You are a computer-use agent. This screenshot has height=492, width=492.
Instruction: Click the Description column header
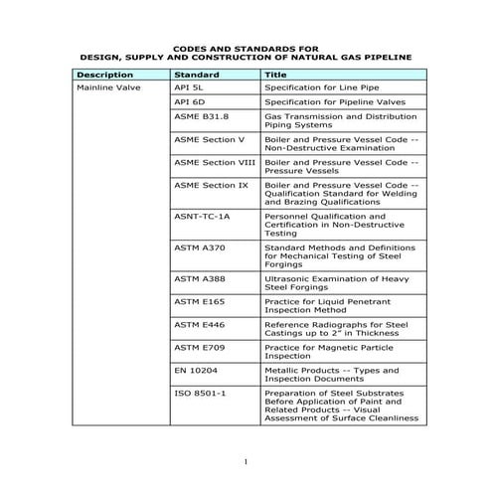104,75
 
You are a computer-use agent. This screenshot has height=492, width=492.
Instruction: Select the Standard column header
196,75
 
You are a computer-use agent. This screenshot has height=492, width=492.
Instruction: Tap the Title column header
275,75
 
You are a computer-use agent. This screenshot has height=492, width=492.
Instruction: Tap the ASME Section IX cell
210,185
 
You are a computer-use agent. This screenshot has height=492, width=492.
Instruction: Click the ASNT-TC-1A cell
202,215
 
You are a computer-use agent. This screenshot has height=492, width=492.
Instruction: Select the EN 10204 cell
196,371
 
